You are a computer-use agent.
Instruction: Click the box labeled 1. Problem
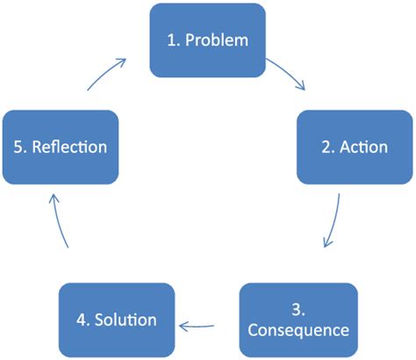click(x=207, y=40)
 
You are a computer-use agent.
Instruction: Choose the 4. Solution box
click(x=116, y=319)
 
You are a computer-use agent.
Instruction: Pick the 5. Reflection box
click(x=61, y=146)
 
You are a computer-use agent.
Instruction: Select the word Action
click(x=365, y=146)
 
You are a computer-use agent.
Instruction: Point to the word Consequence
click(x=298, y=330)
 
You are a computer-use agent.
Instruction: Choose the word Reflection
click(x=70, y=146)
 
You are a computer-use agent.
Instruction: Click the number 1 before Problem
click(x=171, y=40)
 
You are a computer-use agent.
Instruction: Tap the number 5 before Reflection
click(x=19, y=146)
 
